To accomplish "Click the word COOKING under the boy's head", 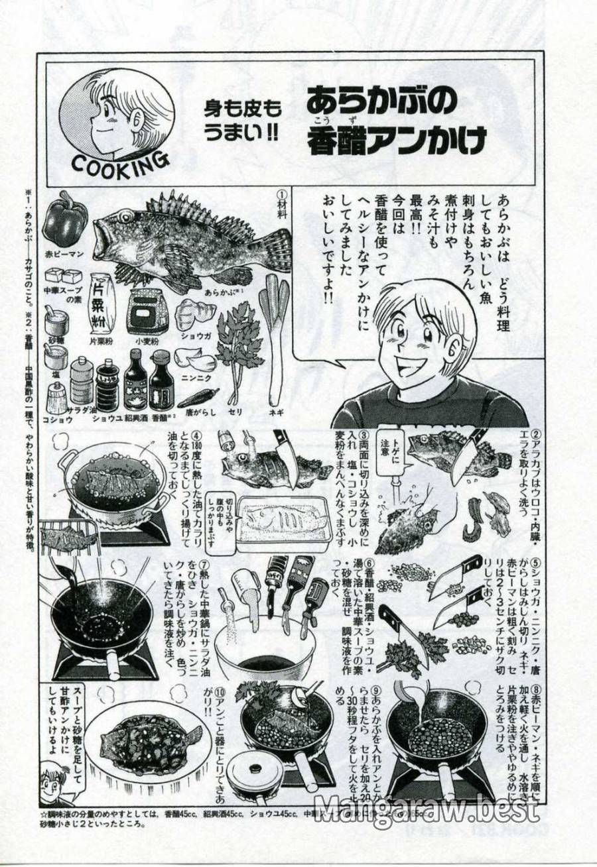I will [x=119, y=162].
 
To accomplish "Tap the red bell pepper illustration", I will [x=64, y=219].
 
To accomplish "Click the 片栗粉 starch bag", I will [x=103, y=304].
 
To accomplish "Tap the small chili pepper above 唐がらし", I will [x=198, y=398].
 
